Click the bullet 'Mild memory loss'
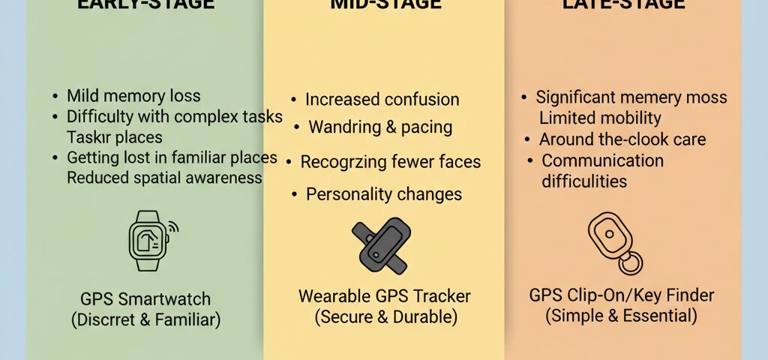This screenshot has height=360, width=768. pyautogui.click(x=133, y=96)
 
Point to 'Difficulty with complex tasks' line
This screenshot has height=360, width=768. pyautogui.click(x=174, y=117)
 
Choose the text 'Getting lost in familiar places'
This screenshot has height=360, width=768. pyautogui.click(x=172, y=158)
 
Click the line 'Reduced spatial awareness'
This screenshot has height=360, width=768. pyautogui.click(x=164, y=178)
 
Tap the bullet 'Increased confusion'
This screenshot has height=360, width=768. pyautogui.click(x=382, y=100)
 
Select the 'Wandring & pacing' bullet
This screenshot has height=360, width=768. pyautogui.click(x=380, y=127)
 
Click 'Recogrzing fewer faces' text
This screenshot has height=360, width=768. pyautogui.click(x=390, y=161)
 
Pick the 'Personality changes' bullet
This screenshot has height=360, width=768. pyautogui.click(x=383, y=194)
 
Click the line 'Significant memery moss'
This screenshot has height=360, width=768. pyautogui.click(x=631, y=98)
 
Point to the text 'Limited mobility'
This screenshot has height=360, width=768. pyautogui.click(x=600, y=118)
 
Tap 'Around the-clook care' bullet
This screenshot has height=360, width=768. pyautogui.click(x=622, y=139)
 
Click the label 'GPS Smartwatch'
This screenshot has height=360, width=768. pyautogui.click(x=145, y=299)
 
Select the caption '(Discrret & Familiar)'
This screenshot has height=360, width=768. pyautogui.click(x=145, y=320)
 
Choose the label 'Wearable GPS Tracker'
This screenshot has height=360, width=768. pyautogui.click(x=384, y=295)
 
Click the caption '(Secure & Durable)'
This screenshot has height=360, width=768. pyautogui.click(x=384, y=316)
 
